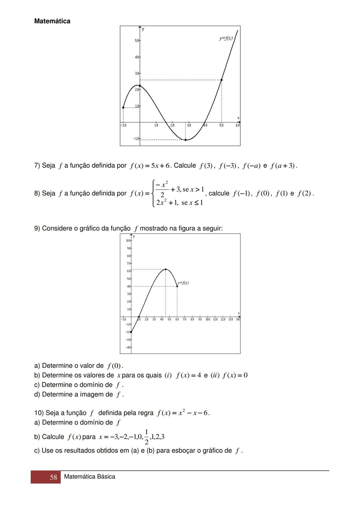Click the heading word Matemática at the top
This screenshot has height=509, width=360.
[x=52, y=21]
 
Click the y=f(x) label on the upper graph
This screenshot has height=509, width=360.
[x=226, y=38]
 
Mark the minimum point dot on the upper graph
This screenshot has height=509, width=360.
[x=186, y=140]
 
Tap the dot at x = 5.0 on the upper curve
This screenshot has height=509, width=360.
[x=222, y=80]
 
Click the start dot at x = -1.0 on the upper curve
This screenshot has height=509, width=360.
[x=123, y=108]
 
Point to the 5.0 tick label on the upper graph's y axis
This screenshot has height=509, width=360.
[x=137, y=41]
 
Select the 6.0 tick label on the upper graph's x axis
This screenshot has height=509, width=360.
[x=238, y=125]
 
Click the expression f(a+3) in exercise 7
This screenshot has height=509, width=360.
[x=283, y=166]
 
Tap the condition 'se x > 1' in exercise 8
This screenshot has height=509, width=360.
[x=193, y=189]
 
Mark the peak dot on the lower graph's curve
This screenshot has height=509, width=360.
[x=165, y=269]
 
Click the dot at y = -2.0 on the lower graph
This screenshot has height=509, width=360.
[x=131, y=332]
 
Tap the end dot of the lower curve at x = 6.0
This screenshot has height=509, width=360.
[x=177, y=286]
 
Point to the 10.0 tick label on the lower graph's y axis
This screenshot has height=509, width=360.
[x=128, y=241]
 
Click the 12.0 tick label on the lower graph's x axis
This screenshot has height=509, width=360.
[x=223, y=320]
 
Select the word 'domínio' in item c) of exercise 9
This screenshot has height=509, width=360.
[x=99, y=385]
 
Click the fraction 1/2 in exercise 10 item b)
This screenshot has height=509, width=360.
[x=146, y=437]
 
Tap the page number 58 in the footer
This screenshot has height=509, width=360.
[x=53, y=477]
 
